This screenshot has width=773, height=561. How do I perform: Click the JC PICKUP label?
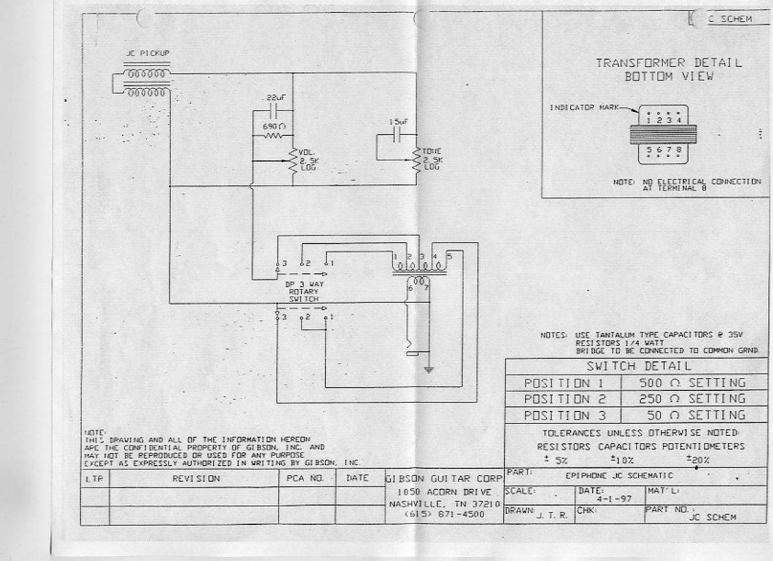[x=148, y=53]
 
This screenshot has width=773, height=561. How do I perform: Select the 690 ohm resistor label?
[x=270, y=127]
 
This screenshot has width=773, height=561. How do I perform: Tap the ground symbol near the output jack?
[x=428, y=370]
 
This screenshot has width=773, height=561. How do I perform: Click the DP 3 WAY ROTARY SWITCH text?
[x=303, y=291]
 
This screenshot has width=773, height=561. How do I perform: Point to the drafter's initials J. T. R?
[x=551, y=516]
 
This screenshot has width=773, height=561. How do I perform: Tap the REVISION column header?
[x=196, y=479]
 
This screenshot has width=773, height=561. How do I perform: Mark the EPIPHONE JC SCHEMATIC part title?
[x=619, y=475]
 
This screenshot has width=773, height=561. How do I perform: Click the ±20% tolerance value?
[x=697, y=460]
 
